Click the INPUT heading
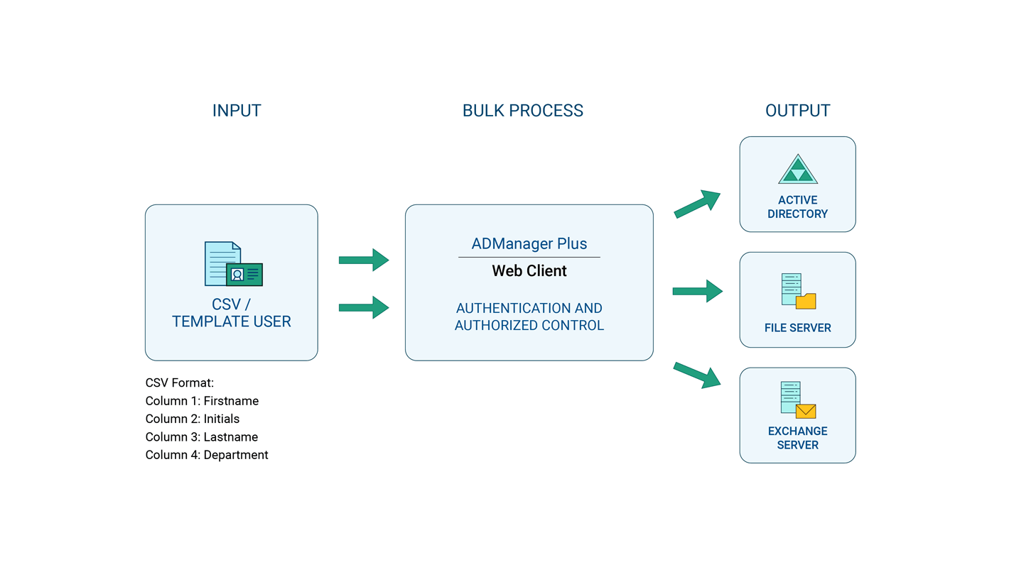click(237, 111)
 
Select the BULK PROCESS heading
click(522, 111)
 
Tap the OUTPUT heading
click(797, 111)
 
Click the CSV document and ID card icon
click(233, 264)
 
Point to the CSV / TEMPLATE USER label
click(232, 313)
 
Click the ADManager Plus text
click(529, 243)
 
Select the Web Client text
click(529, 271)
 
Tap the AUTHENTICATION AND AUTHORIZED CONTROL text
click(529, 316)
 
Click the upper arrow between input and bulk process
click(364, 260)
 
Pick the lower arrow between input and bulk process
click(364, 307)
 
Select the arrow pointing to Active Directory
click(698, 204)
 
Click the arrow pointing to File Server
click(698, 291)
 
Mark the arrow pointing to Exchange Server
click(698, 375)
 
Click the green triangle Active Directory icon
click(798, 170)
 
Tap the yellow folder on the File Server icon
click(806, 301)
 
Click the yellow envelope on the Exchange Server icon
click(806, 411)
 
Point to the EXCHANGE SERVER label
click(797, 438)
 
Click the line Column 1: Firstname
click(202, 401)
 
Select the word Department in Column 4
click(236, 455)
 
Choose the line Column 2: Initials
click(193, 419)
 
